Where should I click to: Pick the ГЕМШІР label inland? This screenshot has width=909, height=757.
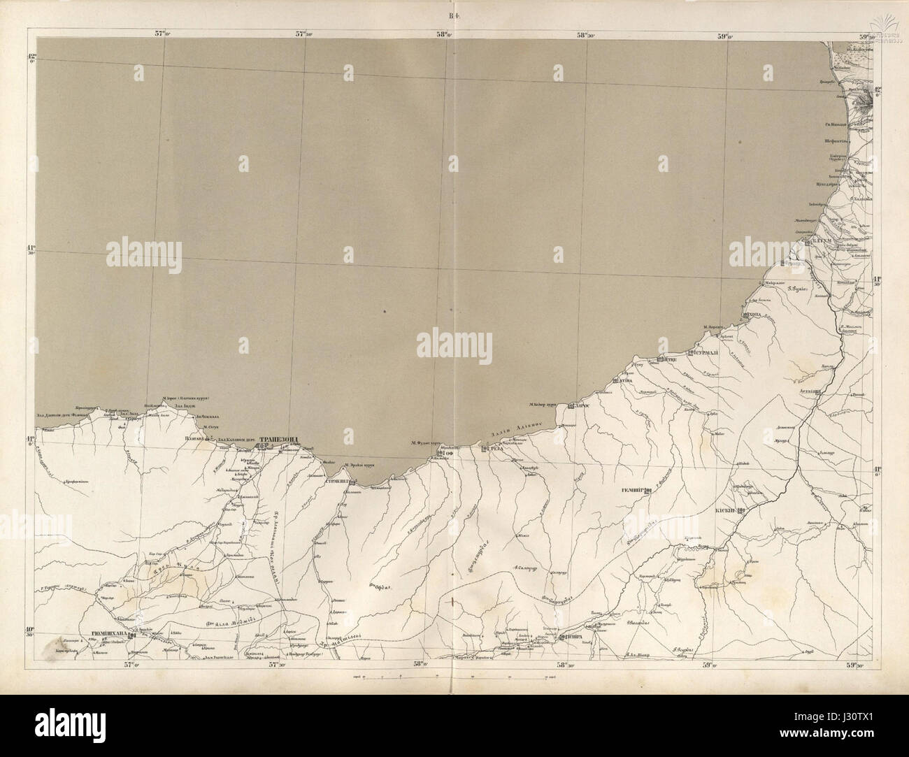pos(632,491)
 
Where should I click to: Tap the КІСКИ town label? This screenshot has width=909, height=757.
pos(725,511)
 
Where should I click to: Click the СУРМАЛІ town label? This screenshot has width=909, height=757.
pos(710,353)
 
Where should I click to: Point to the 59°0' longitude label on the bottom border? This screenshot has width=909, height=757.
pos(707,665)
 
